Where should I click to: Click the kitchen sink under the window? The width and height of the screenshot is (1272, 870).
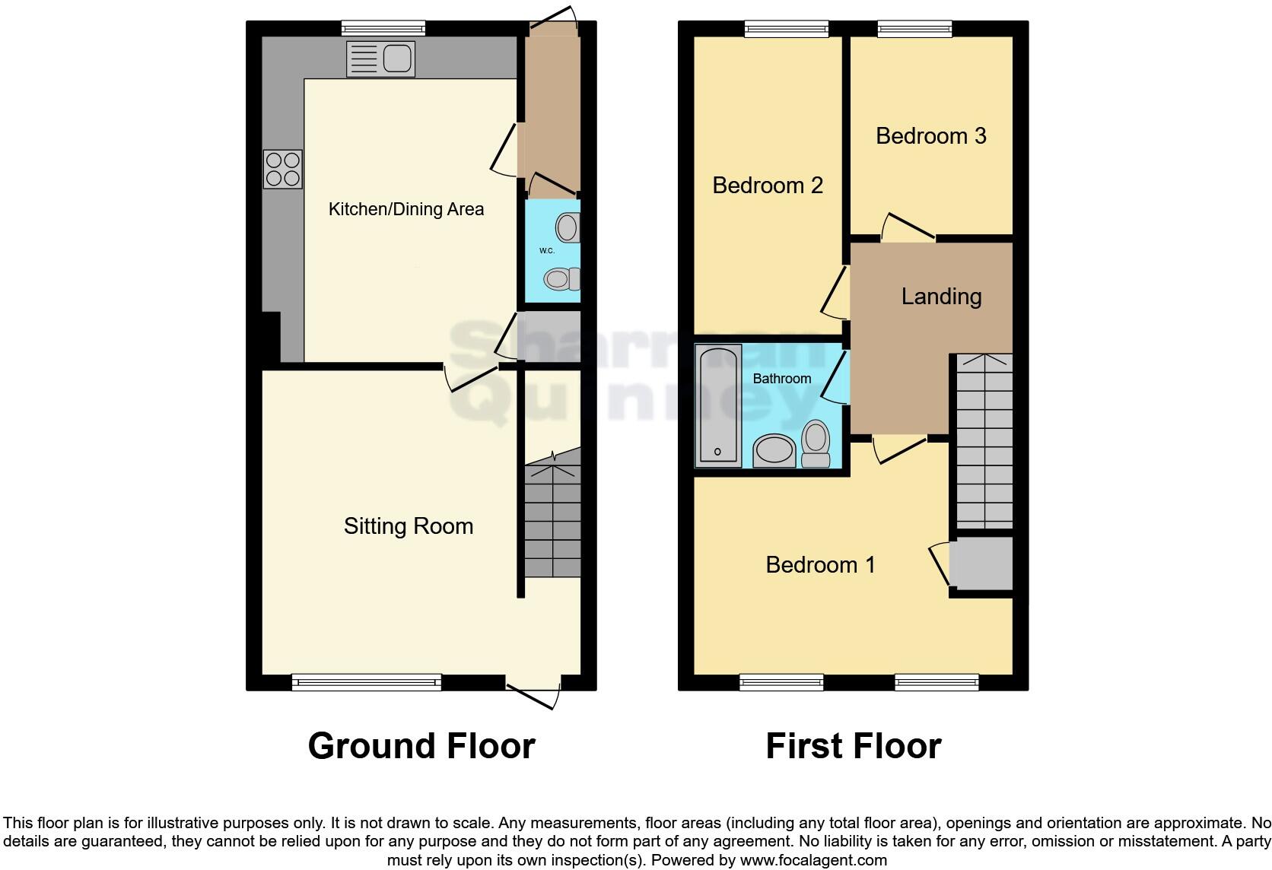[x=380, y=59]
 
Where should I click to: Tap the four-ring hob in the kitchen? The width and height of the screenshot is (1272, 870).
[x=283, y=169]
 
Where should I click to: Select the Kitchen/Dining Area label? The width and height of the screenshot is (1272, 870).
[x=405, y=209]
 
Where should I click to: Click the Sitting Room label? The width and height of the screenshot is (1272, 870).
[x=408, y=525]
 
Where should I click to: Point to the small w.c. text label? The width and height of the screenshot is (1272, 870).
[x=546, y=250]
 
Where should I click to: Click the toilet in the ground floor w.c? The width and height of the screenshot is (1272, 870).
[x=562, y=279]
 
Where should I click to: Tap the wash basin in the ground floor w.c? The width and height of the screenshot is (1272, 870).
[x=568, y=227]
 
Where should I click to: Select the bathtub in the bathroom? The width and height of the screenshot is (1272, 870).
[x=717, y=405]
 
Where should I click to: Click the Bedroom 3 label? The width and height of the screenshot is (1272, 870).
[x=930, y=135]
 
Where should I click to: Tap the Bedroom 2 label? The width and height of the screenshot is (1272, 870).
[x=767, y=185]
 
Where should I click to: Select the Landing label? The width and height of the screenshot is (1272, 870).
[x=941, y=296]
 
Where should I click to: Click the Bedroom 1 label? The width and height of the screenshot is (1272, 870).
[x=820, y=564]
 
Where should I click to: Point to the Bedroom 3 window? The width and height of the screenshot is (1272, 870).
[x=914, y=29]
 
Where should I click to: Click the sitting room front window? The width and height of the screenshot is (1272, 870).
[x=366, y=682]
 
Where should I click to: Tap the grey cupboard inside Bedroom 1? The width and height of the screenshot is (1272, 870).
[x=981, y=563]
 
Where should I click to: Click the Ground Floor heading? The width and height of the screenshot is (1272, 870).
[x=421, y=746]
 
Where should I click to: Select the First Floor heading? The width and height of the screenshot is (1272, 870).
[x=853, y=746]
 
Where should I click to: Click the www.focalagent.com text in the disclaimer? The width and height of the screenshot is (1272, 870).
[x=813, y=860]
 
